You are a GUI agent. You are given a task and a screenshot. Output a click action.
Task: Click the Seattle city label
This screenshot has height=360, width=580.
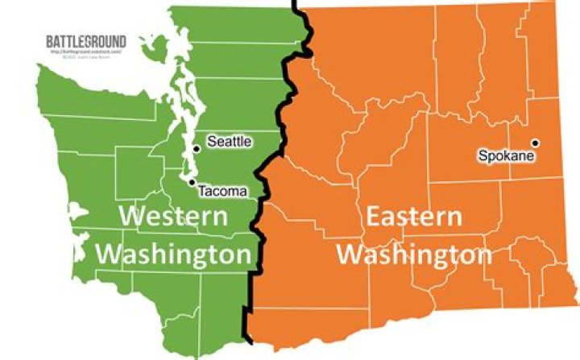(x=230, y=142)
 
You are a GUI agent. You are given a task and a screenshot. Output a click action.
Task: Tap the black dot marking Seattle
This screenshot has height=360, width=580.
(x=196, y=148)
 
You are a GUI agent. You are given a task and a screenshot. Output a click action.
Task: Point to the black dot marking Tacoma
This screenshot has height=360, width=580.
(x=191, y=182)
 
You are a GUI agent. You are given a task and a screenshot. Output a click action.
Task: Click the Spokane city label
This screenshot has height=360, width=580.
(x=506, y=155)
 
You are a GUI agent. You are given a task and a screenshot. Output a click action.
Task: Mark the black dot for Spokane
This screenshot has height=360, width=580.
(x=534, y=143)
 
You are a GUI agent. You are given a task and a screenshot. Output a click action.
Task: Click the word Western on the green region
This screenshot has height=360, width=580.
(x=172, y=217)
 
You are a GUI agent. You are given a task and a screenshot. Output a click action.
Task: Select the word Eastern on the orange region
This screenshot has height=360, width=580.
(x=414, y=217)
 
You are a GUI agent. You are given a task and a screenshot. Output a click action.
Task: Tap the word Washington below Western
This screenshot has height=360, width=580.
(x=173, y=254)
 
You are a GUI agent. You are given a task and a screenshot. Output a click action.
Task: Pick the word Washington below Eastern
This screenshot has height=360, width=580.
(x=414, y=254)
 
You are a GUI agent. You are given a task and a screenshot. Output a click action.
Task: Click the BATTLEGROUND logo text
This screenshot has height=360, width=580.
(x=86, y=41)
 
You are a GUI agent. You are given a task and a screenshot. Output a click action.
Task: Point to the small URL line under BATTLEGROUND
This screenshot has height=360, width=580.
(x=85, y=52)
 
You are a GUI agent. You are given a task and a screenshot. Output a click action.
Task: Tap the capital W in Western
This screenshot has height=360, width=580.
(x=133, y=217)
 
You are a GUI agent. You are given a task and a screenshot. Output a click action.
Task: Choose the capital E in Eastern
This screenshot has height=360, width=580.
(x=375, y=217)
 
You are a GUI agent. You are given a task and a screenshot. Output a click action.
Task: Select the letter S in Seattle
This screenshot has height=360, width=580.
(x=212, y=142)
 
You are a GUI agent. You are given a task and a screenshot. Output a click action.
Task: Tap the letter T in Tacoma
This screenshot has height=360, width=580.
(x=201, y=191)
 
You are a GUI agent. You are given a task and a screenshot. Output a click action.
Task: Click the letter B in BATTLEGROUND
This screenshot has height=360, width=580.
(x=50, y=41)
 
